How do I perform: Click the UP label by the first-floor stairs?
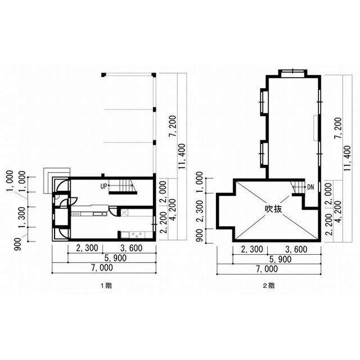click(x=103, y=186)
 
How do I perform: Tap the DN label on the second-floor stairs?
click(x=310, y=187)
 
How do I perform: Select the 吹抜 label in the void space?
click(x=273, y=209)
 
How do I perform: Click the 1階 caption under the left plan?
click(x=106, y=286)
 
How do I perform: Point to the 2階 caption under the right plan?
click(x=269, y=286)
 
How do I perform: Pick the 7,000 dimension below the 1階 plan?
click(x=102, y=268)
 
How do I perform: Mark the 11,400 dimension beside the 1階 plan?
click(x=182, y=156)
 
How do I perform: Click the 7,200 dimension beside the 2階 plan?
click(x=338, y=128)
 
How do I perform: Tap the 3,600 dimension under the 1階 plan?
click(x=131, y=248)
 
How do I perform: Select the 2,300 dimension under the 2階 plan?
click(x=252, y=249)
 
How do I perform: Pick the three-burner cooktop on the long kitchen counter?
click(x=76, y=214)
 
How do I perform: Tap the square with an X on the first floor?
click(x=125, y=213)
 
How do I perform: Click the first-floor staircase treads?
click(x=125, y=186)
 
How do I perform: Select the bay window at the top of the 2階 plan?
click(x=293, y=73)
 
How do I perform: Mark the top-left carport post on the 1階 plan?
click(x=103, y=75)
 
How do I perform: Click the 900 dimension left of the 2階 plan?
click(x=200, y=235)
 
